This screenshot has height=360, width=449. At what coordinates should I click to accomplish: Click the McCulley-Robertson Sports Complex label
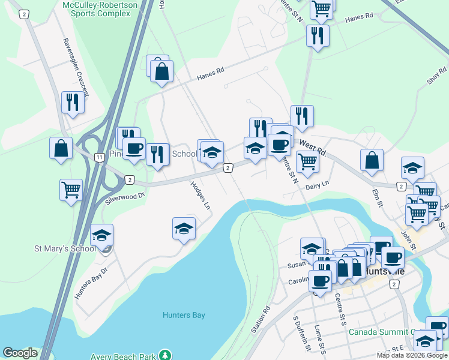click(100, 8)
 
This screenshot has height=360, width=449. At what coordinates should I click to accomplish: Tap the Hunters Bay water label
click(184, 315)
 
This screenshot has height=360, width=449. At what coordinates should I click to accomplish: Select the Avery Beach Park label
click(123, 355)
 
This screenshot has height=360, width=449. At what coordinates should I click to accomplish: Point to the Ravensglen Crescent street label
click(76, 67)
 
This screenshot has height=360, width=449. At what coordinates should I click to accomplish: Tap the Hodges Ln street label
click(200, 195)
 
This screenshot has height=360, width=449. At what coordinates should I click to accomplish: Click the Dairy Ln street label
click(318, 187)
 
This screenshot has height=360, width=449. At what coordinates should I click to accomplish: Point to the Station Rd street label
click(261, 320)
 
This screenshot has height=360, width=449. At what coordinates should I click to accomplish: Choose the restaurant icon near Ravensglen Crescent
click(73, 102)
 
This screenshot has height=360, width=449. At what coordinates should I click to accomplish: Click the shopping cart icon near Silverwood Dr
click(71, 190)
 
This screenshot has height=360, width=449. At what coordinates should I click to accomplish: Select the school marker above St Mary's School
click(102, 235)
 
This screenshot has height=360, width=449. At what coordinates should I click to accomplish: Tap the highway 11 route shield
click(98, 157)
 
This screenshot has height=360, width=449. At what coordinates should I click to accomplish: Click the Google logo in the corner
click(20, 353)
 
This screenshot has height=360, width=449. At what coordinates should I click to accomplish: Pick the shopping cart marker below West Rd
click(307, 161)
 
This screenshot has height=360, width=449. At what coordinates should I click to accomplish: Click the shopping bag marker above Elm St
click(372, 160)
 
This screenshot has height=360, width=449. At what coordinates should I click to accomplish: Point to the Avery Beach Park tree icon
click(164, 355)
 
